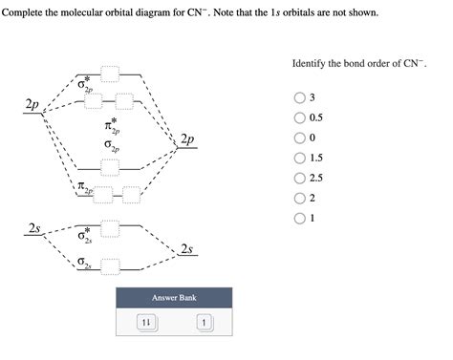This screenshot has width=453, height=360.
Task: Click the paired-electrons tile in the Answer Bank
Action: [x=146, y=323]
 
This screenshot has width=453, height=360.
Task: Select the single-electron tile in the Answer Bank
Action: [x=203, y=323]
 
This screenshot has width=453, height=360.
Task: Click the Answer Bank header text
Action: [x=174, y=297]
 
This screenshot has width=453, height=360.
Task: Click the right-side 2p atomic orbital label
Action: [x=187, y=139]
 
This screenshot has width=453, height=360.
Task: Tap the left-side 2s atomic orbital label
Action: [x=33, y=228]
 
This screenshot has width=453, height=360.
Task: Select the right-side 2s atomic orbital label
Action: [x=187, y=249]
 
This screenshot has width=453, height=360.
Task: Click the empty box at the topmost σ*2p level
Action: [x=111, y=73]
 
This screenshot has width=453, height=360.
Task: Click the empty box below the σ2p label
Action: [x=111, y=167]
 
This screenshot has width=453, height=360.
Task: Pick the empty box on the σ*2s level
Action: [x=111, y=227]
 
